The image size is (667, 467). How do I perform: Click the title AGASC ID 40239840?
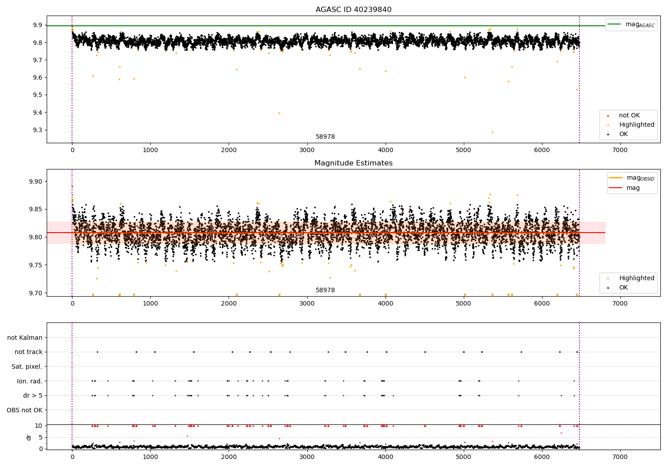click(354, 10)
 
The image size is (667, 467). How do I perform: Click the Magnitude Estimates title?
click(354, 163)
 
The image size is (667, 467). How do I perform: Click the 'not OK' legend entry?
click(629, 116)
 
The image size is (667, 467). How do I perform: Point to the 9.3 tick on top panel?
click(37, 130)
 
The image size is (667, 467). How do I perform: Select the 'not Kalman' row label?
click(25, 338)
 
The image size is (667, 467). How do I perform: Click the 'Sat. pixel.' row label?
click(27, 366)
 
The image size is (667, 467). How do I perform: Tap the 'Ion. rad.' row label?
click(30, 381)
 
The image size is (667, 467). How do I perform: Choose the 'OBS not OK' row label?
click(25, 410)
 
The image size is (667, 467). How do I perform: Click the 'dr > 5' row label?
click(33, 395)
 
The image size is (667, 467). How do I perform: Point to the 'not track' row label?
click(28, 352)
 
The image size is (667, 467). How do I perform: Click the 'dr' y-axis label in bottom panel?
click(29, 437)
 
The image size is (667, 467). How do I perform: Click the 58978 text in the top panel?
click(325, 137)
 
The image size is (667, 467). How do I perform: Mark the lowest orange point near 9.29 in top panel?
click(492, 132)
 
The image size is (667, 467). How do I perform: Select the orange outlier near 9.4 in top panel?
click(279, 113)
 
